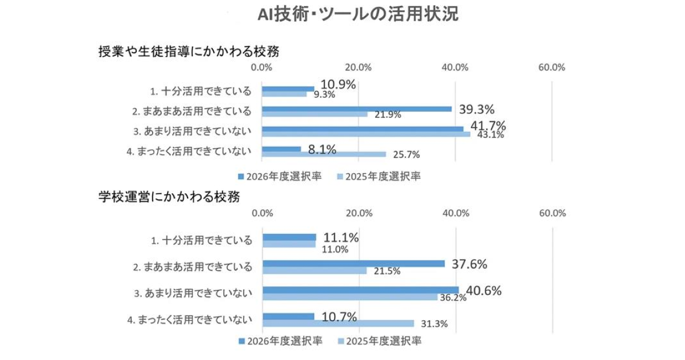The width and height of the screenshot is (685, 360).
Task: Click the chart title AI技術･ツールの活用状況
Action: (x=359, y=15)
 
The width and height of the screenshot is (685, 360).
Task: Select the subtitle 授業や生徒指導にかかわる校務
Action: (x=189, y=51)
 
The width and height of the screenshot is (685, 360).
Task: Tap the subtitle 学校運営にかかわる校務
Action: (x=169, y=197)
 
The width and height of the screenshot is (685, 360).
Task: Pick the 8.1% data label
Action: (x=321, y=150)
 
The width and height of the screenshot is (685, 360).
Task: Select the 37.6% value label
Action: (x=469, y=264)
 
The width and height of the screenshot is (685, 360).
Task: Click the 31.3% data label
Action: (x=434, y=323)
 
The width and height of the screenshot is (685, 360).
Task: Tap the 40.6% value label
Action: (x=484, y=290)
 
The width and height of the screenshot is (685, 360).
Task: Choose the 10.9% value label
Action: (x=338, y=84)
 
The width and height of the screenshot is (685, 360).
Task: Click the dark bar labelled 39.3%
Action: (x=357, y=109)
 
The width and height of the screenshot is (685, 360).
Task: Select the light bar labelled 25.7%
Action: (x=324, y=154)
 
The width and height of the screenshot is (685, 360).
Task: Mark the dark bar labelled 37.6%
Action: (x=353, y=263)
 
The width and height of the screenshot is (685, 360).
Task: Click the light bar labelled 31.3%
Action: (x=338, y=323)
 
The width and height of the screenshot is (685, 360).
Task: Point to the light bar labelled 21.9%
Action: (x=315, y=114)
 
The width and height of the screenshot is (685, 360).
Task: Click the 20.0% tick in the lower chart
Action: (x=359, y=213)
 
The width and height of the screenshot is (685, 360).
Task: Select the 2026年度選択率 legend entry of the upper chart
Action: (x=280, y=176)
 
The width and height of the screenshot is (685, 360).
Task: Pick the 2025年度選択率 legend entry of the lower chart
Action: (x=380, y=341)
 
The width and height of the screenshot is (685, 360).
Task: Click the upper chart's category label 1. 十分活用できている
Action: (x=201, y=90)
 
